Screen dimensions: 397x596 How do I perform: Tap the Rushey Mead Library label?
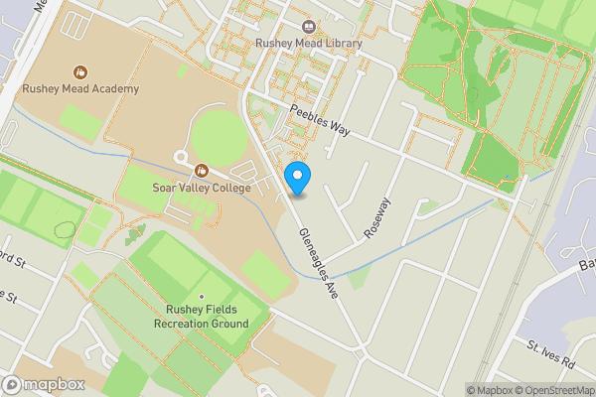(x=308, y=44)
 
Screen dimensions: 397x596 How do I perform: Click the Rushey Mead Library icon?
(x=308, y=27)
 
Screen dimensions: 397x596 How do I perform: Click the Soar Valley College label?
(x=202, y=187)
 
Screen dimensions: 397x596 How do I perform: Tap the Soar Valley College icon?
(x=202, y=171)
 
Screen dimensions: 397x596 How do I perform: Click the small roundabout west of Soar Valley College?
(x=181, y=157)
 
